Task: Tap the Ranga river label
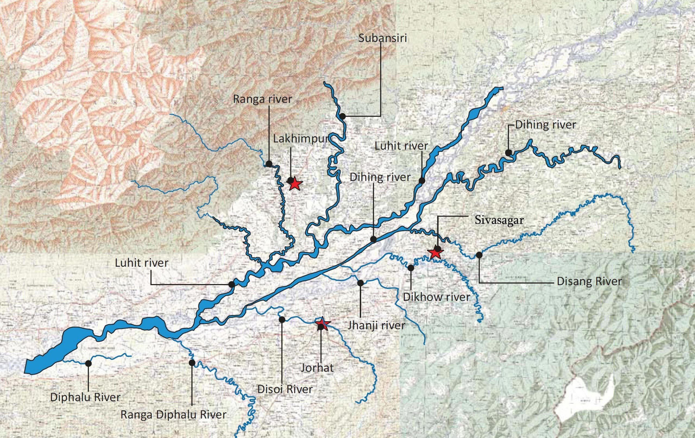(x=262, y=99)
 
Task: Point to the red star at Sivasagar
(x=435, y=253)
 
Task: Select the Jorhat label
(x=317, y=368)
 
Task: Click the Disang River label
(x=589, y=281)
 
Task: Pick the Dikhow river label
(x=436, y=297)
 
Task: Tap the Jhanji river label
(x=376, y=326)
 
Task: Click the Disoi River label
(x=285, y=389)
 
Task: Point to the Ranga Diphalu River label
(x=173, y=415)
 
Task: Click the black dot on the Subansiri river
(x=343, y=117)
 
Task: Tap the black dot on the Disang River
(x=479, y=255)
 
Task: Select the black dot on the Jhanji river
(x=360, y=283)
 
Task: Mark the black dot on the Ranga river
(x=269, y=164)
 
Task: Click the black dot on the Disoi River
(x=282, y=319)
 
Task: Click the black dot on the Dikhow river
(x=411, y=268)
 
